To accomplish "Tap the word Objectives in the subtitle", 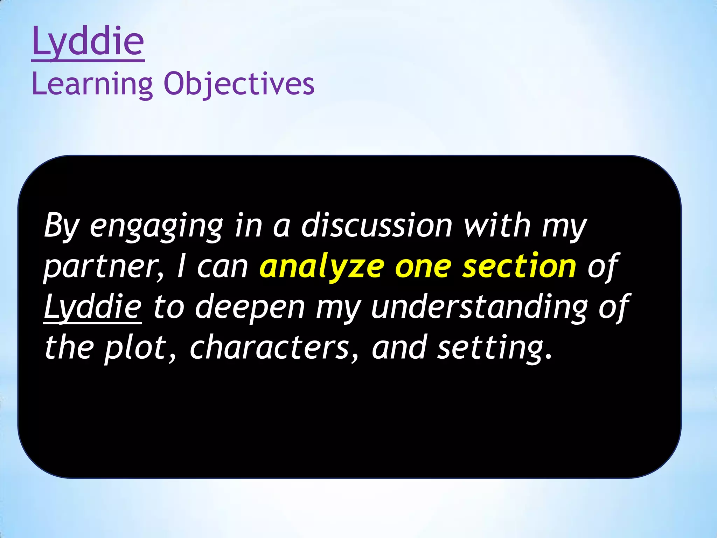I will pos(239,84).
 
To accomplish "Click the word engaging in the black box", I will pos(156,226).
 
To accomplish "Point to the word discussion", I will pos(377,226).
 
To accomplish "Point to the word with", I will pos(497,226).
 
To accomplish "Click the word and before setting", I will pos(399,347).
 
